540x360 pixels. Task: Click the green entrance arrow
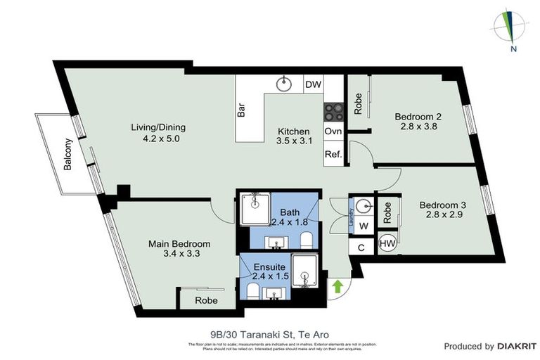tap(337, 286)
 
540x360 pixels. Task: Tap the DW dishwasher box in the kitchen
tap(313, 85)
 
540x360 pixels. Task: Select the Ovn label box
tap(333, 131)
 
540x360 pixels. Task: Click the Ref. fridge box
tap(333, 154)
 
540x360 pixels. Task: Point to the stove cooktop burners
tap(333, 111)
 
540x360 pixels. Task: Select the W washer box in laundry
tap(364, 226)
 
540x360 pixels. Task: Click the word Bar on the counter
tap(241, 110)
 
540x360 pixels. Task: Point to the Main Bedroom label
tap(179, 244)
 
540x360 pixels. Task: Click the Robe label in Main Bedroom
tap(206, 300)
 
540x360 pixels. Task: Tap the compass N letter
tap(514, 49)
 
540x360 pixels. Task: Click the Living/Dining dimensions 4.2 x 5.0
tap(158, 139)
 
